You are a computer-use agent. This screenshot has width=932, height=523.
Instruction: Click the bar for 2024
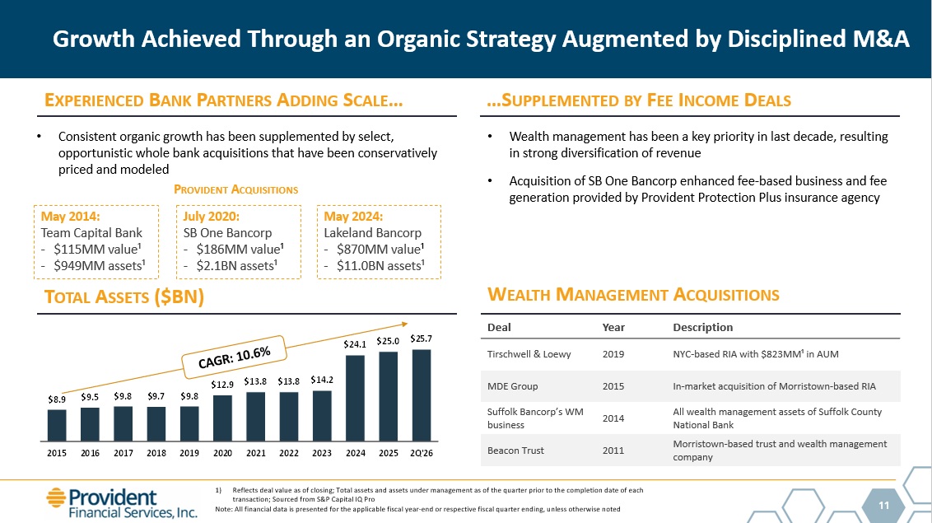pos(356,398)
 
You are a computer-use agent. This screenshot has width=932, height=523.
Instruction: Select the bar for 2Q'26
pos(422,395)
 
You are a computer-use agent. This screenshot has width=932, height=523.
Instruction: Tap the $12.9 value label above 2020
pos(222,385)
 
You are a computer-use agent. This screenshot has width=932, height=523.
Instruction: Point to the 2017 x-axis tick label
pos(123,453)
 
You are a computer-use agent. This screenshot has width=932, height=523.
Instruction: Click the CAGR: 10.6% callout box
pos(234,357)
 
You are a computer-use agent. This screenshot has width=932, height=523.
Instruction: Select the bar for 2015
pos(57,426)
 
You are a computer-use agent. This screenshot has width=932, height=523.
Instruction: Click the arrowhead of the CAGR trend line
pos(404,324)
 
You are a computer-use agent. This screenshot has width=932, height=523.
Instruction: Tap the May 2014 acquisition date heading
pos(70,217)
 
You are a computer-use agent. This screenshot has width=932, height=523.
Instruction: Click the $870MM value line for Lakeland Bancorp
pos(380,249)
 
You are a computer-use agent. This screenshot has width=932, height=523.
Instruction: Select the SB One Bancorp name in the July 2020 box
pos(228,233)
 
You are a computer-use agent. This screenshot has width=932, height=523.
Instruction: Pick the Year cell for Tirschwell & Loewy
pos(613,354)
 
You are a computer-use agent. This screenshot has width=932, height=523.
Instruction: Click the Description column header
pos(702,328)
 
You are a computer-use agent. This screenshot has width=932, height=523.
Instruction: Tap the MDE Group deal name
pos(512,386)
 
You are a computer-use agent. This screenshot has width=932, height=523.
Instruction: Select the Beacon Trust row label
pos(515,451)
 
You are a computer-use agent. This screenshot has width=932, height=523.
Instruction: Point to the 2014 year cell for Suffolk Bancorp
pos(613,418)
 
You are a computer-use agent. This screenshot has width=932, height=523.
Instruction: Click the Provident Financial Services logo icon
pos(56,498)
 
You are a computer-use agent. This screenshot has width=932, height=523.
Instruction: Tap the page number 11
pos(884,505)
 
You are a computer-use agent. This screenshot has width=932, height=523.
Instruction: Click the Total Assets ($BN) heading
pos(124,297)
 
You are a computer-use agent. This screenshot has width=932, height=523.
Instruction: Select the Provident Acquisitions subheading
pos(236,189)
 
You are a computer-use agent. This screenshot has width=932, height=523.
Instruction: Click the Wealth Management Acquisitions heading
pos(634,295)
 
